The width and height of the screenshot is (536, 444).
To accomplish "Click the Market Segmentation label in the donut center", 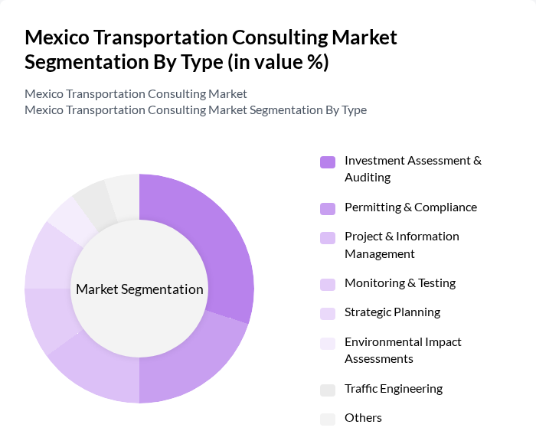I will coord(139,289).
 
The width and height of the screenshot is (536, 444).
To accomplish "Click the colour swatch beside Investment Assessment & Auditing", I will coord(328,162).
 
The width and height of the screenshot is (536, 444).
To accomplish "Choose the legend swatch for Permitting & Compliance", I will coord(328,208).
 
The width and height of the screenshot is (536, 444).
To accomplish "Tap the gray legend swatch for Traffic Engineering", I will coord(328,390).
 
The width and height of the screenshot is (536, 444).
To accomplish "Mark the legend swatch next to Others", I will coord(328,419).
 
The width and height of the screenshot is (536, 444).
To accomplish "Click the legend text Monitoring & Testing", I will coord(400,283).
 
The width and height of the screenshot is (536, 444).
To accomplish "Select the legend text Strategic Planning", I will coord(392,312).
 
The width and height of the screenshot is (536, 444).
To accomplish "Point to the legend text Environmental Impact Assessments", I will coord(403,350).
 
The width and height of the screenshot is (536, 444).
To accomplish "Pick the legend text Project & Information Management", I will coord(401,245).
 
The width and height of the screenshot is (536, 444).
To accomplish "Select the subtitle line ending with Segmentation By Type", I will coord(195,110).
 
